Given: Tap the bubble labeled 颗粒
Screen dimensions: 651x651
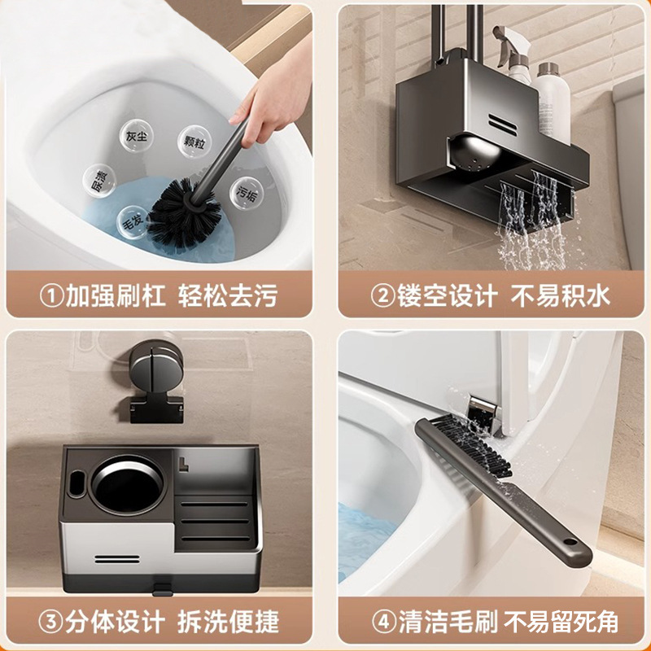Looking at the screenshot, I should tap(194, 140).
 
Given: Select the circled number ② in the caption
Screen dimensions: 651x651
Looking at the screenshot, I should tap(382, 295).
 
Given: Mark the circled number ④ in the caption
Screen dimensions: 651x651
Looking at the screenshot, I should tap(382, 623).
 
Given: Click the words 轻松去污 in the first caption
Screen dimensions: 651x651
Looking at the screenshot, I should tap(227, 295).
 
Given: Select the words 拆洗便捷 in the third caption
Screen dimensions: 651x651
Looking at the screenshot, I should tap(227, 623).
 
